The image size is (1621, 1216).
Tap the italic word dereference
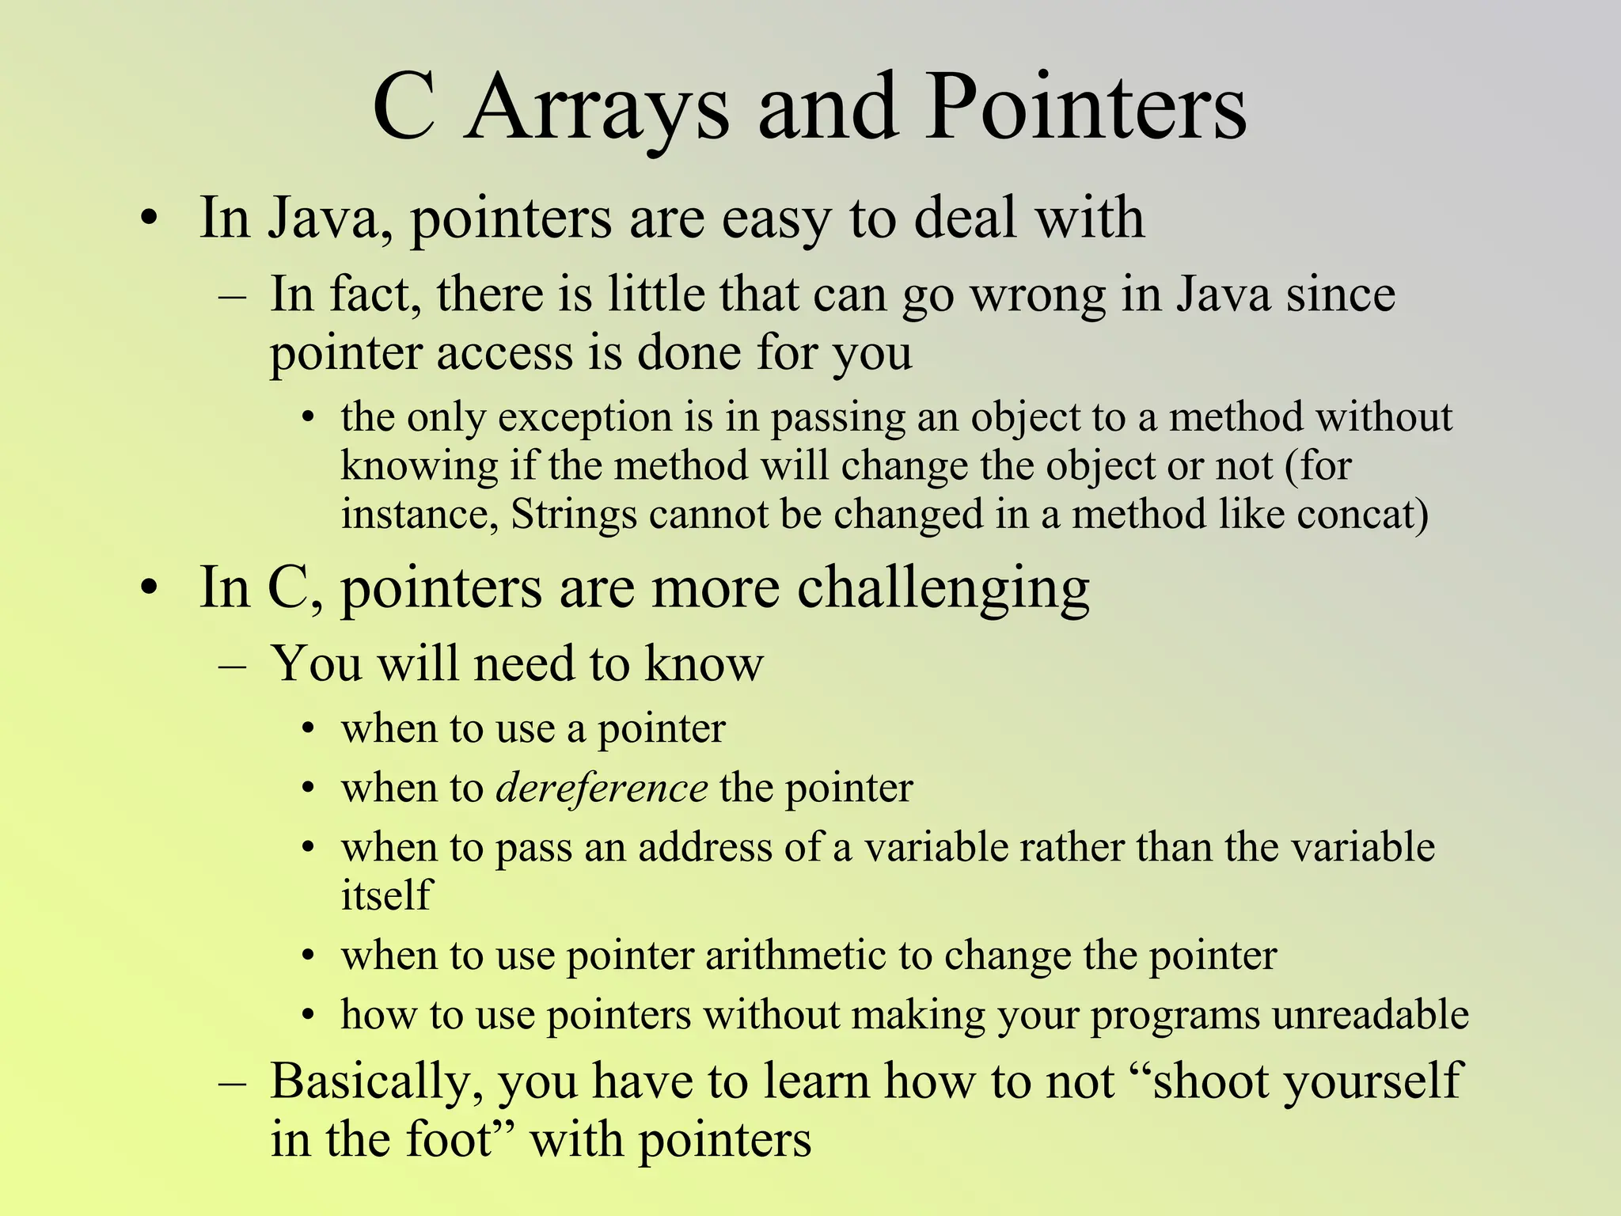pyautogui.click(x=602, y=788)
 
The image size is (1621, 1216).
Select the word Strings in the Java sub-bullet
pyautogui.click(x=574, y=515)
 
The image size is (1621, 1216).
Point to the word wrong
pyautogui.click(x=1038, y=294)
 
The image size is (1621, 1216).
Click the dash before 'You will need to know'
pyautogui.click(x=232, y=665)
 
